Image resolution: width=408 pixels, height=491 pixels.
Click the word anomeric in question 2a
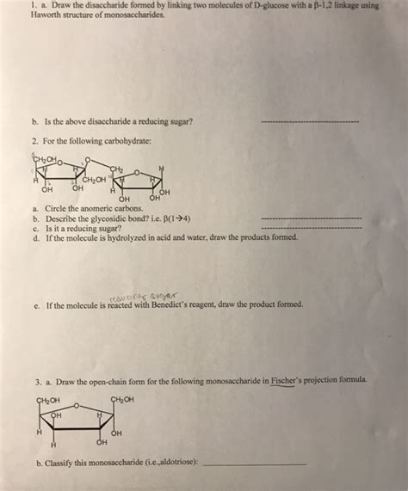[83, 209]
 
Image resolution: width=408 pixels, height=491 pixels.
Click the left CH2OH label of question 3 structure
[48, 399]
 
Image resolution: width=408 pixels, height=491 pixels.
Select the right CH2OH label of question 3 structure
[123, 399]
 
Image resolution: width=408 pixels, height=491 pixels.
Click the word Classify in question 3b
[57, 463]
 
